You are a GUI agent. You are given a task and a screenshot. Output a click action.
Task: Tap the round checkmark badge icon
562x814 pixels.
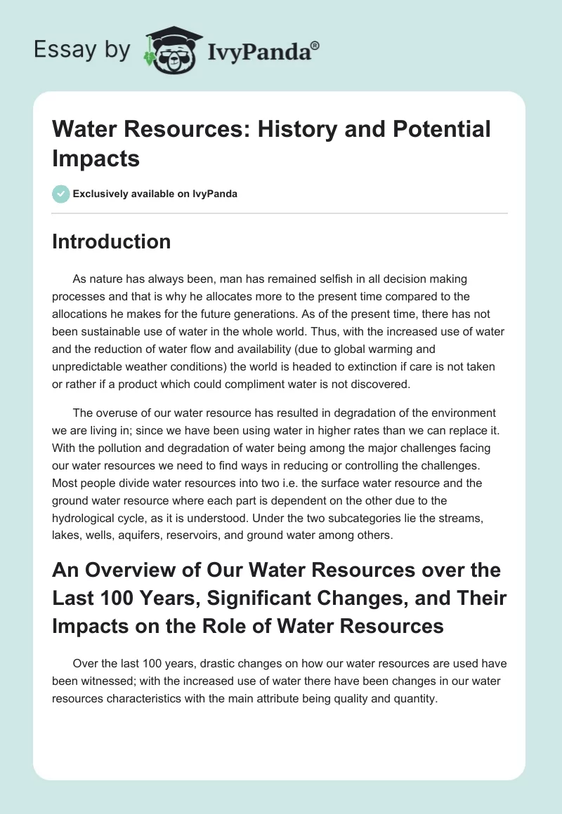tap(61, 194)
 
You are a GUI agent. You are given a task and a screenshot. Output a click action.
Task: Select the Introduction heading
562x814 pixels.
tap(111, 241)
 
